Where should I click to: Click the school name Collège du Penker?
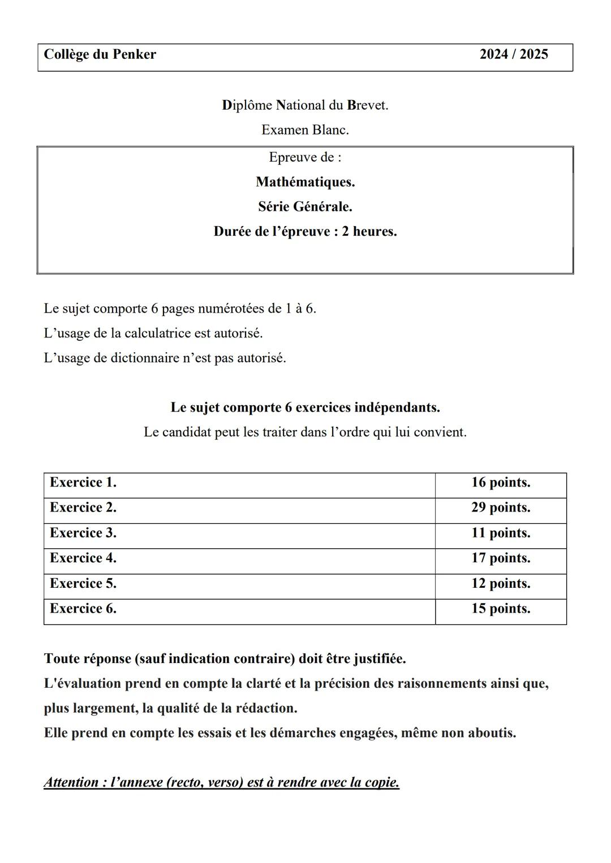[x=100, y=54]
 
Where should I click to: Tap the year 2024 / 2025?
[x=513, y=54]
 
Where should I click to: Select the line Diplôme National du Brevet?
[x=305, y=105]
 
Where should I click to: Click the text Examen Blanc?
[x=305, y=130]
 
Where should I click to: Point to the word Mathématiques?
[x=305, y=182]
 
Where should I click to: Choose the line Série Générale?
[x=305, y=207]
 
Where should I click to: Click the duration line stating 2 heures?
[x=305, y=232]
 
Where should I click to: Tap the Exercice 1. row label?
[x=83, y=483]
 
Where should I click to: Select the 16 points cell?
[x=500, y=483]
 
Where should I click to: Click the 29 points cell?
[x=500, y=508]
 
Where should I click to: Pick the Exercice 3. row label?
[x=83, y=533]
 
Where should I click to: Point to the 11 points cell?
[x=500, y=533]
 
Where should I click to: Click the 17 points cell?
[x=500, y=558]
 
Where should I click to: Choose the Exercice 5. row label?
[x=83, y=583]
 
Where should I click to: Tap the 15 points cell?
[x=500, y=609]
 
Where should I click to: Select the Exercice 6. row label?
[x=83, y=609]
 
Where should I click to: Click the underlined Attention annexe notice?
[x=221, y=783]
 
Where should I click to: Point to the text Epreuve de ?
[x=305, y=157]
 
